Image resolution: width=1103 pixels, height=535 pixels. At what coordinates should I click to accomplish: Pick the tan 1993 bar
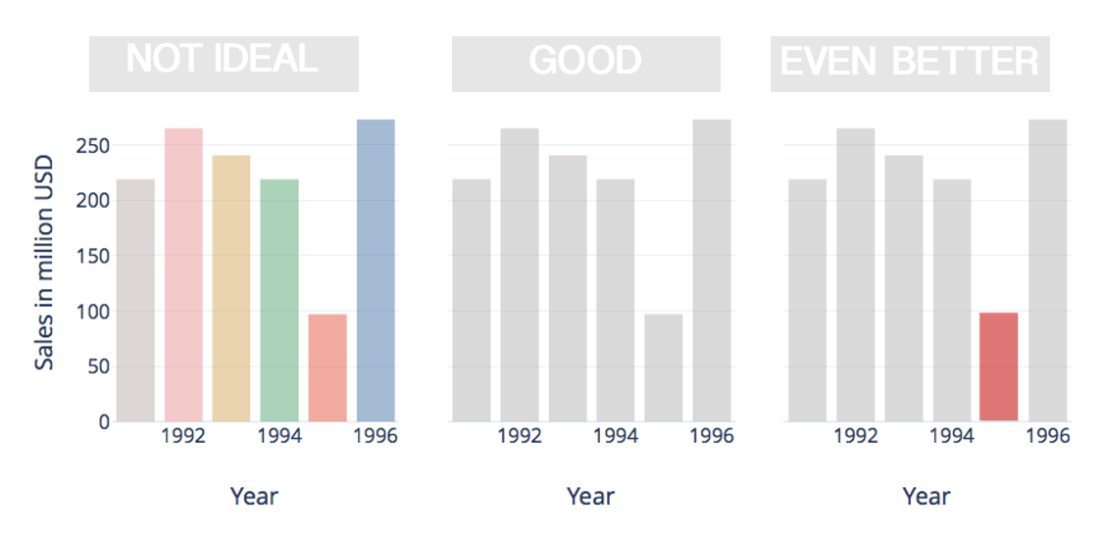[x=231, y=288]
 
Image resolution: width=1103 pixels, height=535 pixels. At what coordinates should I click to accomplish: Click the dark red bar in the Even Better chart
[x=999, y=366]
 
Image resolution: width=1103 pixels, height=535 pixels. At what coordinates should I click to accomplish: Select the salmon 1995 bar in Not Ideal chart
[x=327, y=367]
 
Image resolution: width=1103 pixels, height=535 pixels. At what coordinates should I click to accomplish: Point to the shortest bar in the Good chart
[x=664, y=367]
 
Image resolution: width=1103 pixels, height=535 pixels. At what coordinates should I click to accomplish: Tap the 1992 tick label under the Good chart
[x=520, y=436]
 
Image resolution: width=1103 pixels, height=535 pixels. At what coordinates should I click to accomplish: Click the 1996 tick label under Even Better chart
[x=1048, y=436]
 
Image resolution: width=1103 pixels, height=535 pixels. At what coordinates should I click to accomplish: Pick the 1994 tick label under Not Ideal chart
[x=279, y=436]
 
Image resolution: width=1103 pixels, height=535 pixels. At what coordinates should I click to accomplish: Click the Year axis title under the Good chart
[x=590, y=497]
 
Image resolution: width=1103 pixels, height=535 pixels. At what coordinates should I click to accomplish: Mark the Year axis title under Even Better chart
[x=927, y=497]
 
